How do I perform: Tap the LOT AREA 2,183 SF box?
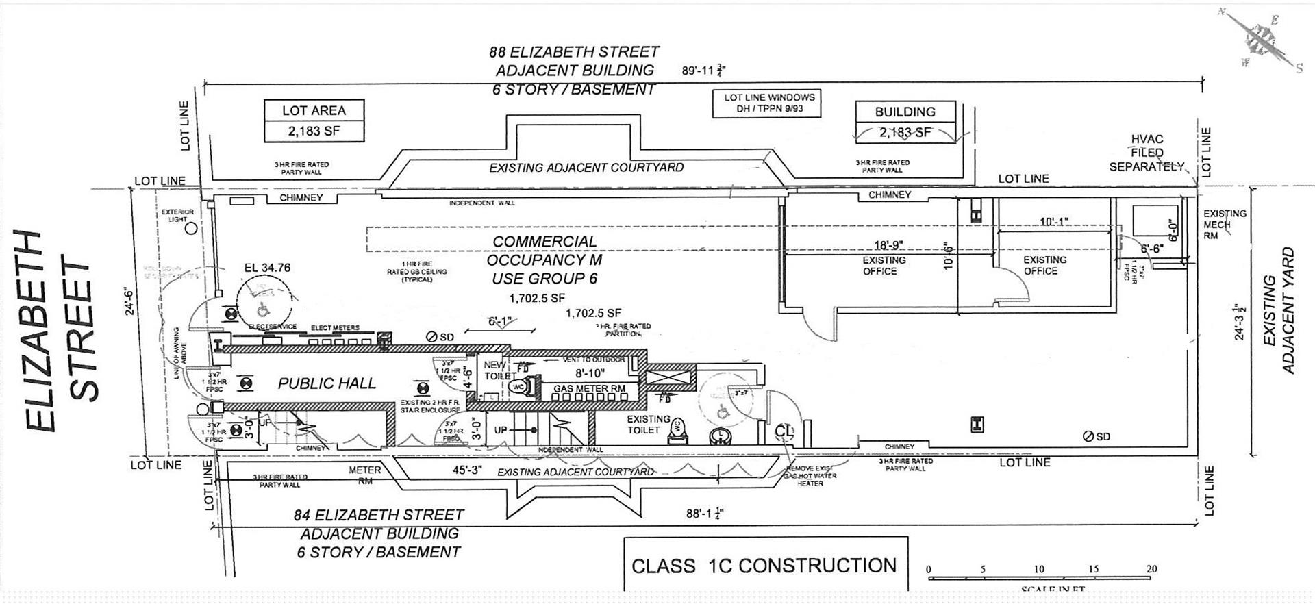pos(314,121)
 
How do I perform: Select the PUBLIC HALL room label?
pos(327,383)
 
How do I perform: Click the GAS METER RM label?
pos(589,388)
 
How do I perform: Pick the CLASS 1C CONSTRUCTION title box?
pos(764,565)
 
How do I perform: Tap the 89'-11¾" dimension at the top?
pos(703,71)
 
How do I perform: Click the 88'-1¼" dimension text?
pos(705,513)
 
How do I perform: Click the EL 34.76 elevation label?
pos(267,268)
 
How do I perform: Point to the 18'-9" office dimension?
pos(890,245)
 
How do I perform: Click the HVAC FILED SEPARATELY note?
pos(1147,153)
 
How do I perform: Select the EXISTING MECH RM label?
pos(1225,224)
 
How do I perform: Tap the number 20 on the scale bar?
pos(1151,569)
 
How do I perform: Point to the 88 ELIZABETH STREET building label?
pos(574,71)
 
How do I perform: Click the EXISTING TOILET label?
pos(647,425)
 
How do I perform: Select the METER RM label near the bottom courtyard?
pos(364,475)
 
